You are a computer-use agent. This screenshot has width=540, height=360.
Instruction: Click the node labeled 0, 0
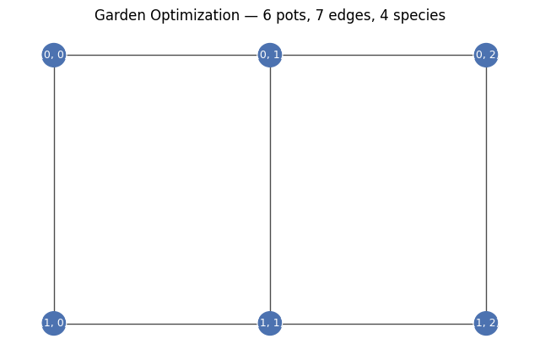click(54, 55)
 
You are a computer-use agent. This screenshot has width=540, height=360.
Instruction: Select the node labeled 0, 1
click(270, 55)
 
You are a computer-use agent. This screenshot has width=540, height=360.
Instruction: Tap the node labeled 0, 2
click(486, 55)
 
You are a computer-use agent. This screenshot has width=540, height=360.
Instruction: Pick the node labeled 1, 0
click(54, 323)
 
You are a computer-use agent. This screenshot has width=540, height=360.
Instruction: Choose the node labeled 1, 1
click(270, 323)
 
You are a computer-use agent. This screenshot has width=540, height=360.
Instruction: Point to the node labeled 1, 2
click(486, 323)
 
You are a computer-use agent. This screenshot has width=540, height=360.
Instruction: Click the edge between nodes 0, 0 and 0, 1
click(162, 55)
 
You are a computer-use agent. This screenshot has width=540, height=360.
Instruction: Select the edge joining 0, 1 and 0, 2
click(378, 55)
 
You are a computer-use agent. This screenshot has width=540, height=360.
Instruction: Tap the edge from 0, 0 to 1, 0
click(54, 189)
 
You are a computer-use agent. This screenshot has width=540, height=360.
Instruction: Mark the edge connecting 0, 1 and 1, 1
click(270, 189)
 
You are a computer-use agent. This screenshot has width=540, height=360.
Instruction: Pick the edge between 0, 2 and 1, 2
click(486, 189)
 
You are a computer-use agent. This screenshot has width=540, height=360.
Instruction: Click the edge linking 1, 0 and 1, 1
click(162, 324)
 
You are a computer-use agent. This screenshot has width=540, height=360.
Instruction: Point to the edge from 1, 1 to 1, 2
click(378, 324)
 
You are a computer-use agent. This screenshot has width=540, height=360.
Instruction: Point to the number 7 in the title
click(319, 15)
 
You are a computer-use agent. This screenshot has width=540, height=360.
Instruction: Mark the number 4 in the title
click(385, 15)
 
